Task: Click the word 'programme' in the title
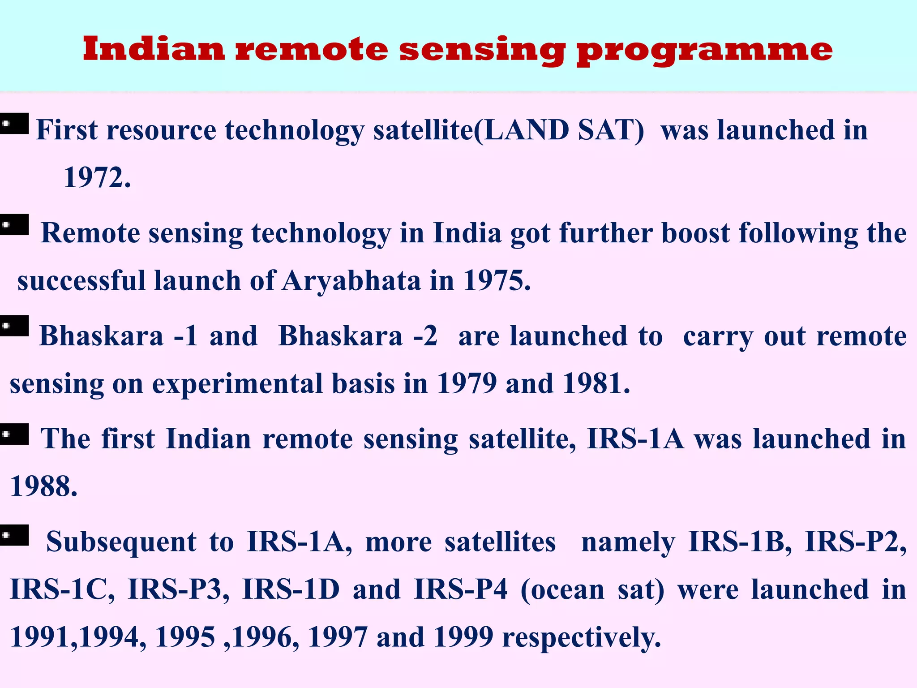704,50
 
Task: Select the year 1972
97,178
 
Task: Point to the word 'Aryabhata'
351,281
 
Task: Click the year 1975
496,281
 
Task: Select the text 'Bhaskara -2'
358,336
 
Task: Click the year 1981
596,384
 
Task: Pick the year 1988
43,486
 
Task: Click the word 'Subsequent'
121,542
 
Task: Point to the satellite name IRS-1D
291,589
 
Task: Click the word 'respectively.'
582,637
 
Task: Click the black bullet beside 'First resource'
14,124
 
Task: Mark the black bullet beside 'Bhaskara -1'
14,326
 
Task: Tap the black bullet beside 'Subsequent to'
14,535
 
